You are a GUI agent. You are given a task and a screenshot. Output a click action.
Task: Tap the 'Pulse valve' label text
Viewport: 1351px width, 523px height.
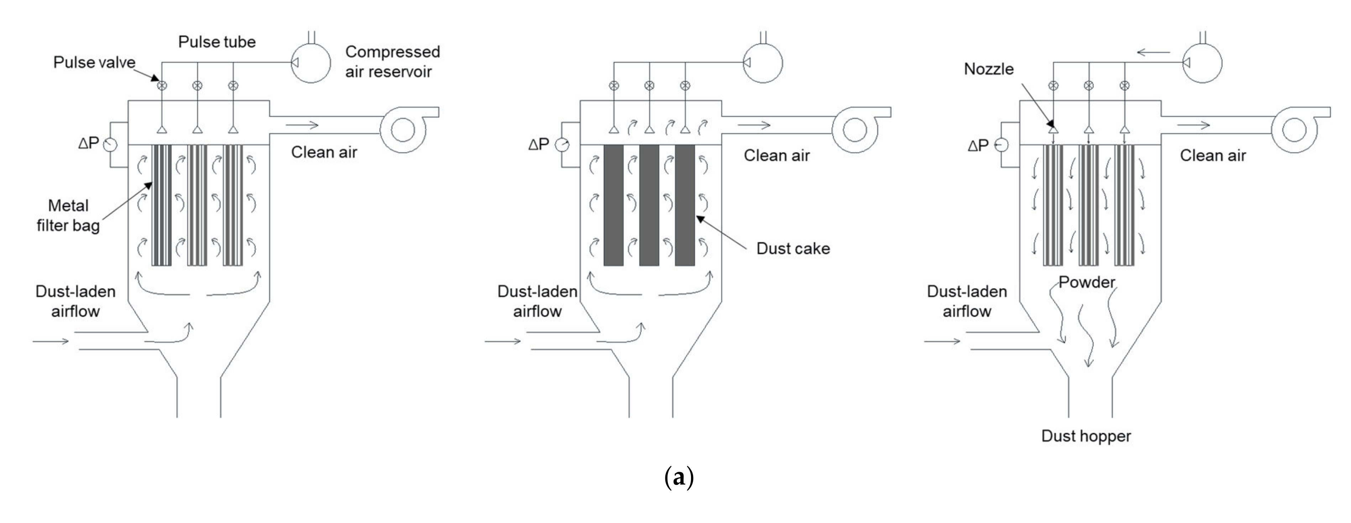[94, 62]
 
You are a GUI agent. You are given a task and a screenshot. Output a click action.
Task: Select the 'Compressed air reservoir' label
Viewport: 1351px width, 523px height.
[392, 61]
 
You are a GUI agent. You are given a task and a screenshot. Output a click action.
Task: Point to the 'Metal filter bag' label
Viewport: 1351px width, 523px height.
[68, 215]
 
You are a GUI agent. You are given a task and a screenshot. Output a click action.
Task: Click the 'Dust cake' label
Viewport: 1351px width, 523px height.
[793, 248]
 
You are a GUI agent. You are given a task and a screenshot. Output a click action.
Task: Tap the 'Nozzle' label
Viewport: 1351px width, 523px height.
[989, 69]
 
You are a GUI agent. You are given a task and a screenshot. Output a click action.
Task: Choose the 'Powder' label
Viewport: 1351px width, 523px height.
[1086, 282]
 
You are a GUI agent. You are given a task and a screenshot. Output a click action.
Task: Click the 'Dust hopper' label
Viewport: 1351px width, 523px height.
[1086, 436]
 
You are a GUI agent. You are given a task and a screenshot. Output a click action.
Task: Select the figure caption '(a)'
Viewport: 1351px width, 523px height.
[679, 477]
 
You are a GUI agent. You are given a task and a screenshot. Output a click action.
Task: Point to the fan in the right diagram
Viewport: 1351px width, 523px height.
[1297, 129]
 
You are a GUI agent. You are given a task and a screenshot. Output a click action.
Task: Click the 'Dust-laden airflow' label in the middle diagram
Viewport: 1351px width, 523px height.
[538, 302]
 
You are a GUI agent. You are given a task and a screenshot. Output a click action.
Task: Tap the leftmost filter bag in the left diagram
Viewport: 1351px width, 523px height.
[162, 205]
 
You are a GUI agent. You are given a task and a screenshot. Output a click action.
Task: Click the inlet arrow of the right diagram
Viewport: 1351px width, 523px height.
[942, 341]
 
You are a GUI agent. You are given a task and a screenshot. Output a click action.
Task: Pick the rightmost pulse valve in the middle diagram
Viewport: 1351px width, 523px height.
[685, 85]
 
